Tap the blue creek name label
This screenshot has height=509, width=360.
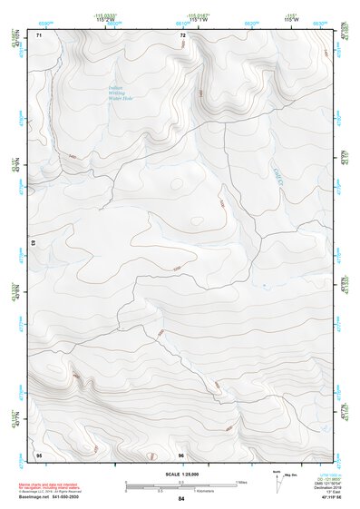pos(278,167)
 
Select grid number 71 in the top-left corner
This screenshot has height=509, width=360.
pos(39,34)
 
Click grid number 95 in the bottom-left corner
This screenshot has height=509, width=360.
pos(39,454)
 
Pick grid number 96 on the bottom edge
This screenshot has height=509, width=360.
pos(181,454)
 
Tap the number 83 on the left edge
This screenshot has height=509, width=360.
pos(34,243)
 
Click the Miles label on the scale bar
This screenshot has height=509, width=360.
pos(242,482)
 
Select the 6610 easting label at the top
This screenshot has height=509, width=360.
pos(181,19)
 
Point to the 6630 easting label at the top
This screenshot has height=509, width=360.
pos(319,19)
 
